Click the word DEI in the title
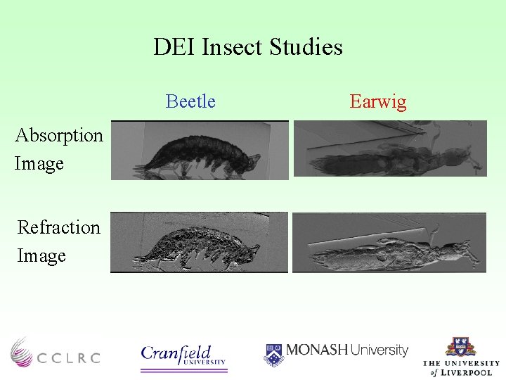point(175,47)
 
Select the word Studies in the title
point(309,47)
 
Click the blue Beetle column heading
point(190,101)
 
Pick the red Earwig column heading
point(378,101)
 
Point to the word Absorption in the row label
point(59,135)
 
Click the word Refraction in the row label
point(59,227)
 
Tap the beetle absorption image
point(200,151)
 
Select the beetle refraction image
point(200,242)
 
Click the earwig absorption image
point(389,148)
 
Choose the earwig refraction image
point(389,242)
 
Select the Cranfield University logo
point(184,355)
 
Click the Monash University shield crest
point(274,354)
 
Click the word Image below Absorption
point(39,164)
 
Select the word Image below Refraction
point(41,256)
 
